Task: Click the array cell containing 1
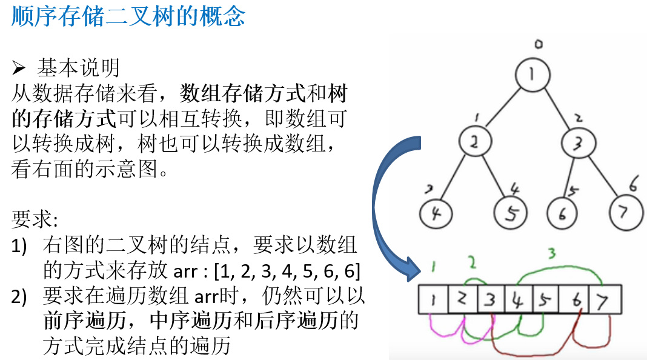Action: point(433,300)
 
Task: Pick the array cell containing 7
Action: point(602,300)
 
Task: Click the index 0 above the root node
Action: point(537,44)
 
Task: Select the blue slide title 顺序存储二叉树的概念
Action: point(128,16)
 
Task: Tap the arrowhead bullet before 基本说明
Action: point(19,66)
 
